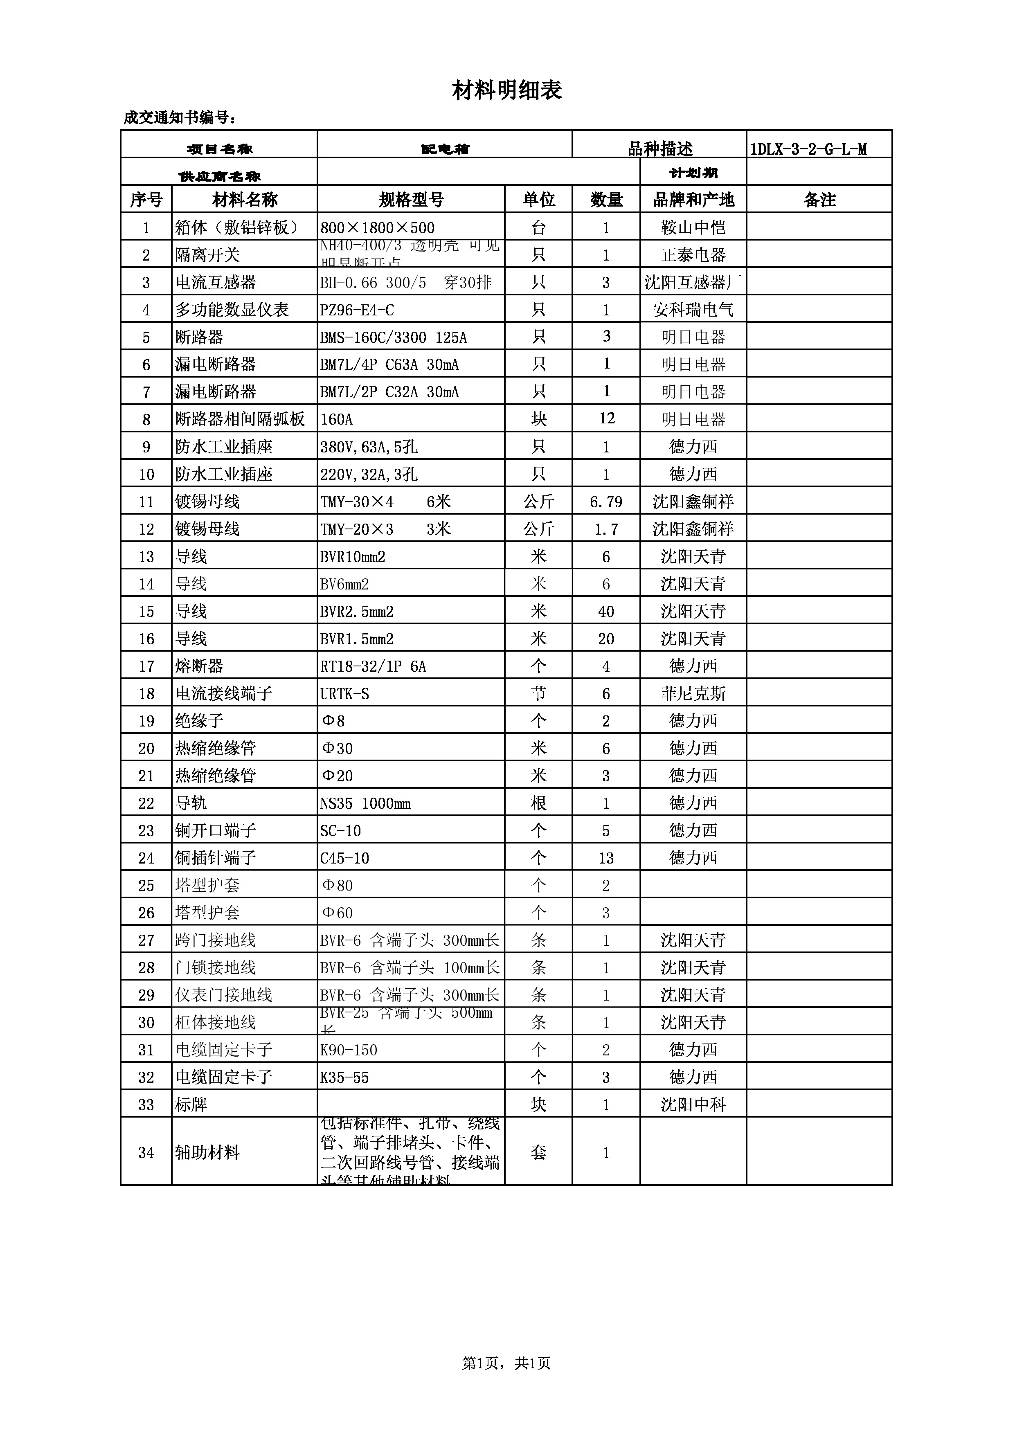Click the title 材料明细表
[x=507, y=91]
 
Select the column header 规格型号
[x=411, y=200]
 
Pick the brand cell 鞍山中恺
[x=693, y=227]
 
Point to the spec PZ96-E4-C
[x=357, y=310]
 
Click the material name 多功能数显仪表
[x=232, y=310]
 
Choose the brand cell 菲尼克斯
[x=693, y=694]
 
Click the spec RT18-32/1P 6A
[x=373, y=667]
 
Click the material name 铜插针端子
[x=216, y=858]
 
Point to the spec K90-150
[x=349, y=1050]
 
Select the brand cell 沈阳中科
[x=693, y=1105]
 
